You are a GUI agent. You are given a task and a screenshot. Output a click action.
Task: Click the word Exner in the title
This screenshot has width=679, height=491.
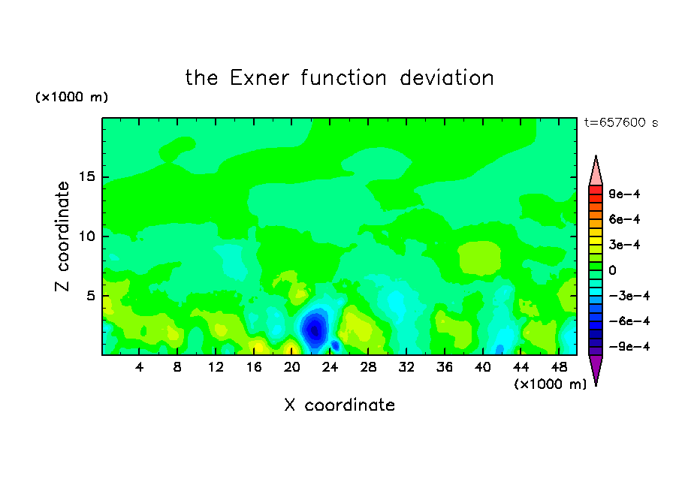(x=259, y=78)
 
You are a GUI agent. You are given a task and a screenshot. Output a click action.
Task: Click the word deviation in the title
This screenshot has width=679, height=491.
(x=446, y=78)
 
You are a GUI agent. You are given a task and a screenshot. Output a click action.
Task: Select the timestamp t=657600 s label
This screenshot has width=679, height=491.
(x=621, y=122)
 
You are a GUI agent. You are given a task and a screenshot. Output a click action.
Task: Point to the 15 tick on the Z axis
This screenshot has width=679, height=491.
(x=86, y=176)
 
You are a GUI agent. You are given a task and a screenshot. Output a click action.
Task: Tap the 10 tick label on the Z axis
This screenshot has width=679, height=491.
(x=86, y=236)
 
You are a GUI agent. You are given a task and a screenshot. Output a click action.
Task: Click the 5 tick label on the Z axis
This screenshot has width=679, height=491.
(x=90, y=296)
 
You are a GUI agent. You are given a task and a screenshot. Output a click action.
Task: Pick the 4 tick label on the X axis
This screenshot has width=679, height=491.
(x=139, y=367)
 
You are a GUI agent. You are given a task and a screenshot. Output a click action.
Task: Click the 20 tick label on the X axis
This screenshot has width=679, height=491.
(x=291, y=367)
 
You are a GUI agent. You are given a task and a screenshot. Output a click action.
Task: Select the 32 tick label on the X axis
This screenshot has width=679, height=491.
(x=406, y=367)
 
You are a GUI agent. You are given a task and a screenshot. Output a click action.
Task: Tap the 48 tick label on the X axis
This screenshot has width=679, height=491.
(x=559, y=367)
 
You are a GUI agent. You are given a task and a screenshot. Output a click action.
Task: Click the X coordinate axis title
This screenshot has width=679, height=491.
(x=339, y=405)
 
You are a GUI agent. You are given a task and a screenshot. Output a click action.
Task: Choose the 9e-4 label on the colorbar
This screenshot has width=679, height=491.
(x=624, y=194)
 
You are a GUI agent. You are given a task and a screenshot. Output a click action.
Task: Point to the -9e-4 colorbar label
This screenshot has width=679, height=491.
(x=629, y=346)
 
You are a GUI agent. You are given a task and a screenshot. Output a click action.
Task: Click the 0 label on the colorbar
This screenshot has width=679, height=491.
(x=612, y=270)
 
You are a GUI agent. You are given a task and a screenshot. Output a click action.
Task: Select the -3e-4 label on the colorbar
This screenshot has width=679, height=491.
(x=629, y=296)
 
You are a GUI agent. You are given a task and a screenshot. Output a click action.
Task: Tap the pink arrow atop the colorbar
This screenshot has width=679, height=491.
(x=596, y=172)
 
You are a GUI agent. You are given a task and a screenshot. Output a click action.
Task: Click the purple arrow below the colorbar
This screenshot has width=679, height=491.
(x=596, y=369)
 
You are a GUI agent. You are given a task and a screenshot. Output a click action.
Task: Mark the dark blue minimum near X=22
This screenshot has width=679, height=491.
(x=315, y=330)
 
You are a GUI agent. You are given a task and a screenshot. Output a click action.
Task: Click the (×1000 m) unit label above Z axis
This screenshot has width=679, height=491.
(x=71, y=97)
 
